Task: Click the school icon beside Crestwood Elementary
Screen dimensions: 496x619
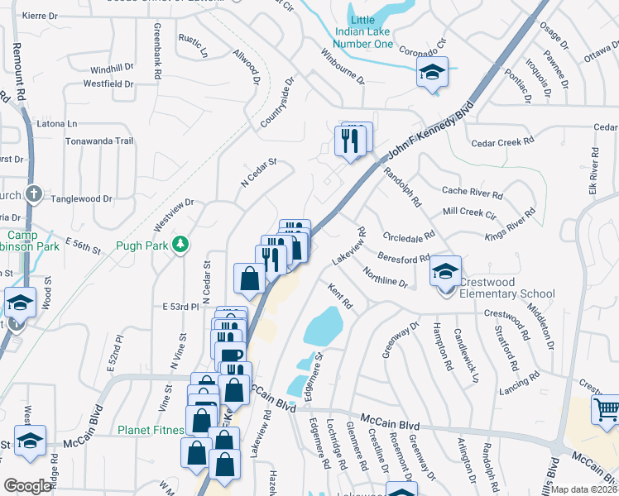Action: pos(445,272)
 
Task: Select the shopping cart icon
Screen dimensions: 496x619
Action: pos(606,409)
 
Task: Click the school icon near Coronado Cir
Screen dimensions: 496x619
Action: pos(432,73)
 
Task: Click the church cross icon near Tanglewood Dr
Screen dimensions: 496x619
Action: pos(33,194)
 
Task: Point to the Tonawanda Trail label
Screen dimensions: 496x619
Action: pos(99,141)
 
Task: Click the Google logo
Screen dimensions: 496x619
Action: pos(27,486)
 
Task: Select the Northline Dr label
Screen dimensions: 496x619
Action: pos(386,277)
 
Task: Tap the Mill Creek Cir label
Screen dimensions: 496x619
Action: pos(469,212)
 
